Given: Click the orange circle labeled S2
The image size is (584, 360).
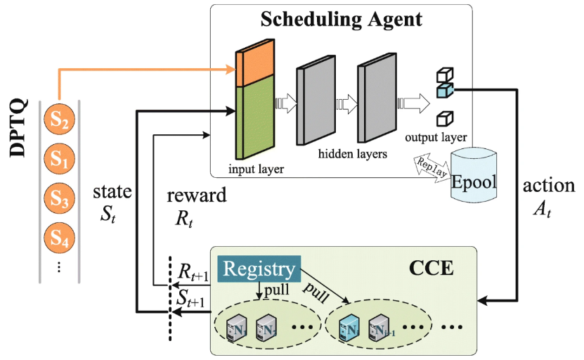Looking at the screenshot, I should point(59,122).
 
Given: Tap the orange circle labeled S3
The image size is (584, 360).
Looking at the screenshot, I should point(59,201).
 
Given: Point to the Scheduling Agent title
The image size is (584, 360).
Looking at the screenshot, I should point(341,18).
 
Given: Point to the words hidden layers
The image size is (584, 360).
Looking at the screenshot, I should point(348,153).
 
